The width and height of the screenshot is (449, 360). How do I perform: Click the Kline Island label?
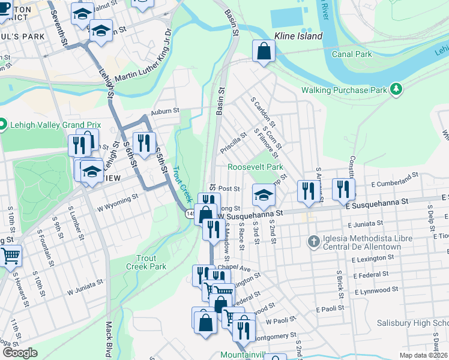[298, 37]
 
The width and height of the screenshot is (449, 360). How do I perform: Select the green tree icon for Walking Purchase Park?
[396, 89]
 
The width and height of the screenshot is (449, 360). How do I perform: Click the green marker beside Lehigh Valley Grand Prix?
[2, 125]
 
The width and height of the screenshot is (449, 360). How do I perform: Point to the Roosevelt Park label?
[255, 167]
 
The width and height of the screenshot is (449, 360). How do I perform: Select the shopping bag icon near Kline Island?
[264, 52]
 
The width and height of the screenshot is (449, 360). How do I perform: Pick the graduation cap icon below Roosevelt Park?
[263, 194]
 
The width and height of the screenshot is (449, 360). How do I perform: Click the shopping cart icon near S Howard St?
[10, 256]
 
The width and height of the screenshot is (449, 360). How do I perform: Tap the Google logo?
[19, 353]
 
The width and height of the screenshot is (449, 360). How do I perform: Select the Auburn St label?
[165, 111]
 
